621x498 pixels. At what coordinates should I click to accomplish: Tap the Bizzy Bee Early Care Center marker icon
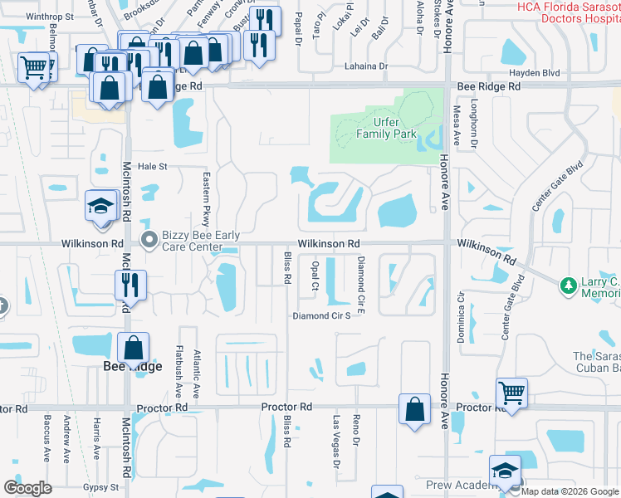pyautogui.click(x=149, y=241)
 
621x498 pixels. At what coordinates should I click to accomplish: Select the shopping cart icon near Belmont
pyautogui.click(x=33, y=67)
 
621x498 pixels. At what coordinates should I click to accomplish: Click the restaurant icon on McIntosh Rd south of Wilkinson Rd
pyautogui.click(x=131, y=285)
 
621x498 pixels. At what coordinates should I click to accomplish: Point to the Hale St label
pyautogui.click(x=152, y=166)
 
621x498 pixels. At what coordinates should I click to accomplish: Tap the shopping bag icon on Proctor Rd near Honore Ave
pyautogui.click(x=414, y=409)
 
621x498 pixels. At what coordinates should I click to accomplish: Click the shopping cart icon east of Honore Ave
pyautogui.click(x=512, y=392)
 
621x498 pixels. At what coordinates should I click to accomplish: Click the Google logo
pyautogui.click(x=27, y=488)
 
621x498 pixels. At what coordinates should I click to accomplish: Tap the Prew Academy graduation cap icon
pyautogui.click(x=504, y=471)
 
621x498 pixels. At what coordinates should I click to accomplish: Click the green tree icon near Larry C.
pyautogui.click(x=569, y=286)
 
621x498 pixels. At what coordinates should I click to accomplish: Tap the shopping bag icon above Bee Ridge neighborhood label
pyautogui.click(x=134, y=348)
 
